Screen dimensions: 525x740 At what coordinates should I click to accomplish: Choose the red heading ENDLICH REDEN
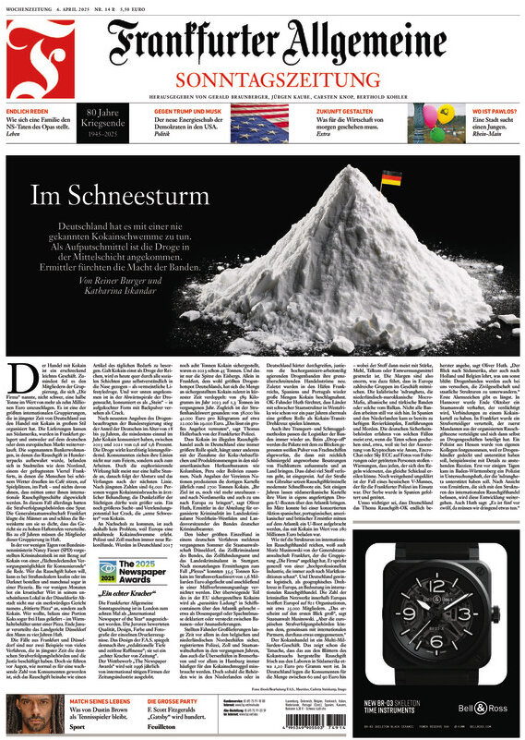[x=29, y=110]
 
